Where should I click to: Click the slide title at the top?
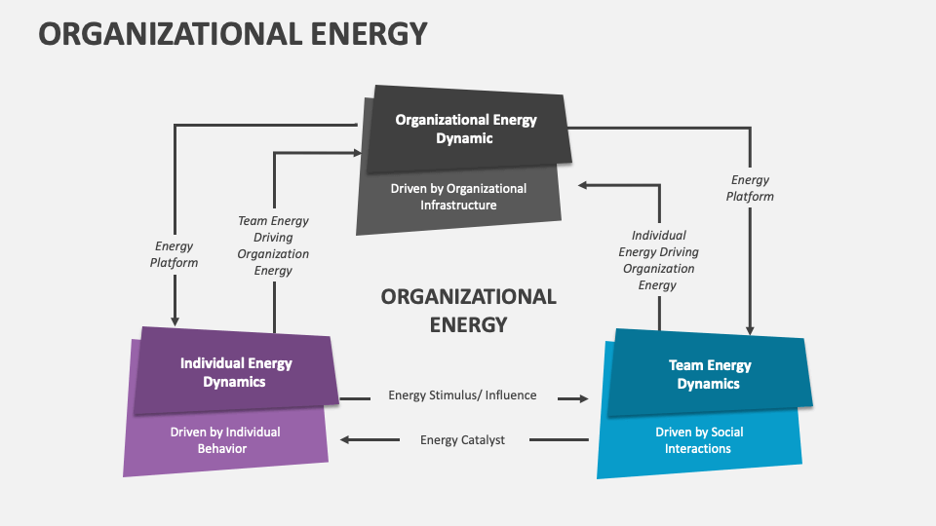point(233,34)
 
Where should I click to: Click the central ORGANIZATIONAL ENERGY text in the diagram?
point(468,310)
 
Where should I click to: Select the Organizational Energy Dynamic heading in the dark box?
point(465,130)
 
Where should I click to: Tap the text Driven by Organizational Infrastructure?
point(458,197)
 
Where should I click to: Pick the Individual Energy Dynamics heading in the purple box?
point(235,372)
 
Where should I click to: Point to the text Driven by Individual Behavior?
point(225,440)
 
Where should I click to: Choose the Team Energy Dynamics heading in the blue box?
point(709,374)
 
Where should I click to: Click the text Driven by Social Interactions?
point(698,440)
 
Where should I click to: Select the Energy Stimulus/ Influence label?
point(462,395)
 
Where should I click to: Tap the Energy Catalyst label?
point(462,440)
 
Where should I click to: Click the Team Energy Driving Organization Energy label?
point(273,245)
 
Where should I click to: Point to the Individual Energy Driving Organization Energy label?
point(658,260)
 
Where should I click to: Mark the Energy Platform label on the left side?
point(174,254)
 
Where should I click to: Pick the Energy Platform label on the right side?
point(751,188)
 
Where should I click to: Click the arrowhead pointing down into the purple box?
point(175,319)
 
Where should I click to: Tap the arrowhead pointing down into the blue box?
point(751,329)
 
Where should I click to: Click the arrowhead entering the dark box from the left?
point(356,152)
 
